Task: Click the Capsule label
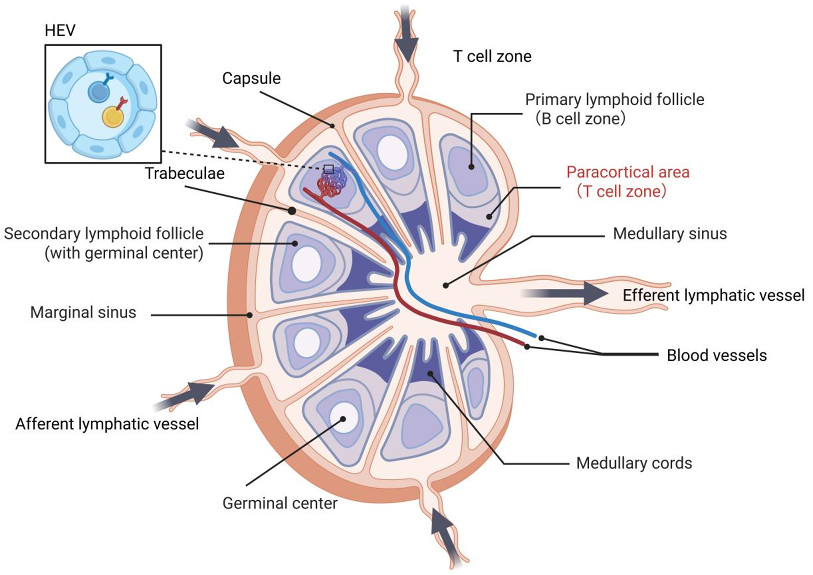point(251,78)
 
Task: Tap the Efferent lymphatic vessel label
point(713,295)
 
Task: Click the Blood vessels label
point(717,355)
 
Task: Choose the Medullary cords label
point(634,463)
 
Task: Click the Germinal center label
point(280,503)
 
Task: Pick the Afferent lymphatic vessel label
point(107,424)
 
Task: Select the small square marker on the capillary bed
point(329,169)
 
